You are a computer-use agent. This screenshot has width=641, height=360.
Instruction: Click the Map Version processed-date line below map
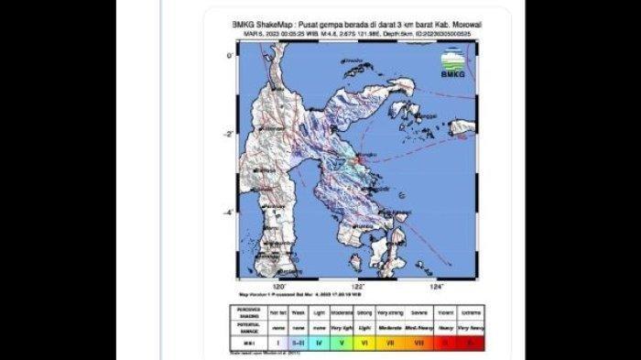coord(293,294)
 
